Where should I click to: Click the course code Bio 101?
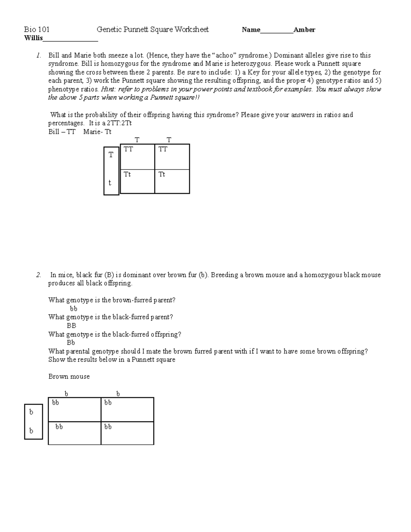tap(37, 30)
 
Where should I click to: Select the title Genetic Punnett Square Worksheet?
tap(152, 30)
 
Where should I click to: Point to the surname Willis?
tap(33, 38)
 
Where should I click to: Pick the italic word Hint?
tap(109, 89)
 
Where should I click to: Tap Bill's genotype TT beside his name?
tap(71, 132)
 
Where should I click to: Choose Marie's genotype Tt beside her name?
tap(108, 132)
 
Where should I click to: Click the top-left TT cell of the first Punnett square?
tap(128, 149)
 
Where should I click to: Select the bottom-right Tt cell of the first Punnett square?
tap(162, 175)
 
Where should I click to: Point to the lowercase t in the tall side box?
tap(110, 183)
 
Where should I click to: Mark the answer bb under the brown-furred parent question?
tap(73, 309)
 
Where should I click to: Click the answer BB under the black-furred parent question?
tap(71, 326)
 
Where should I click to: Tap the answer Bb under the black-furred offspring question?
tap(71, 343)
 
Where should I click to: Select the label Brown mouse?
tap(69, 376)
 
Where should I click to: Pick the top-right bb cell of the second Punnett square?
tap(108, 403)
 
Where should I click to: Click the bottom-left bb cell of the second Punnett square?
tap(59, 427)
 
